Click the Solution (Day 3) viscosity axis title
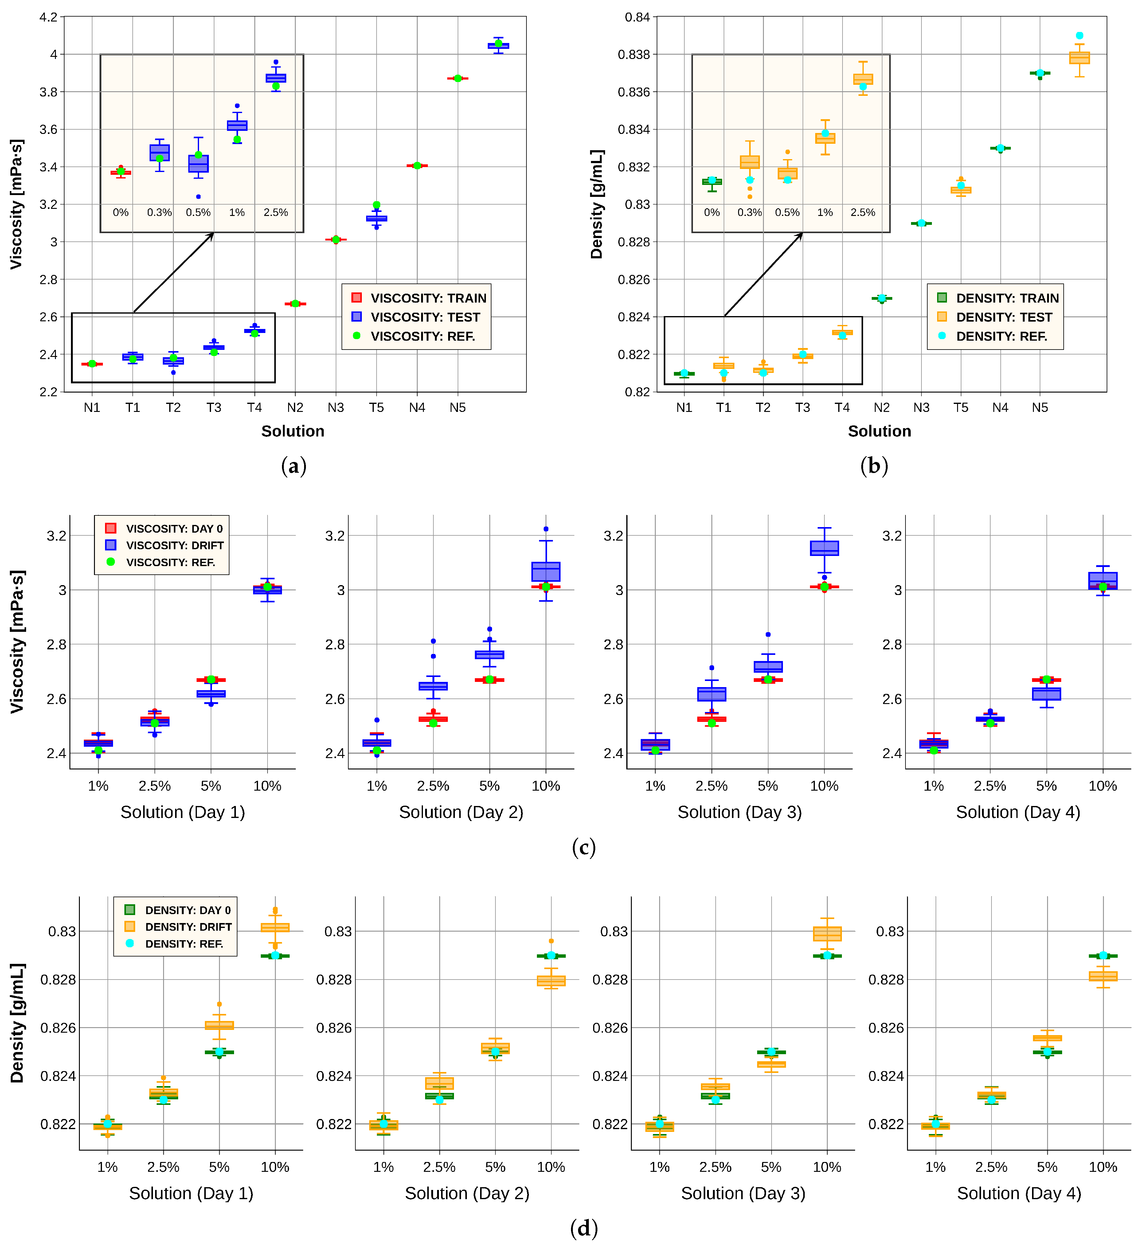739,812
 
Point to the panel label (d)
583,1228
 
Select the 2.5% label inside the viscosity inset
276,212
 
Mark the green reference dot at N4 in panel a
417,165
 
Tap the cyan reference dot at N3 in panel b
921,223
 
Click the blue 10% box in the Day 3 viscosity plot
824,548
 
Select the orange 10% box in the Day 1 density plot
275,927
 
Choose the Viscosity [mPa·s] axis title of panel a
17,204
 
